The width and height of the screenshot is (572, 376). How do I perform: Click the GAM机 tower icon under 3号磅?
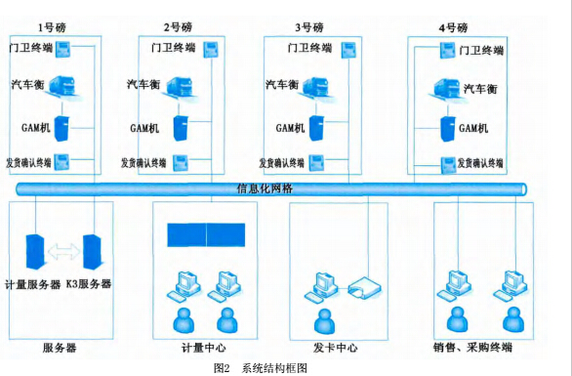pyautogui.click(x=318, y=128)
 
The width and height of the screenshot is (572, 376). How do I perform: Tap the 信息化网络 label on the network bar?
pyautogui.click(x=266, y=187)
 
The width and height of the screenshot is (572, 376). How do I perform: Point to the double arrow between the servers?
pyautogui.click(x=64, y=251)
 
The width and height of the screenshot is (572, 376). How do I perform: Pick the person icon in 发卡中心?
pyautogui.click(x=318, y=318)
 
